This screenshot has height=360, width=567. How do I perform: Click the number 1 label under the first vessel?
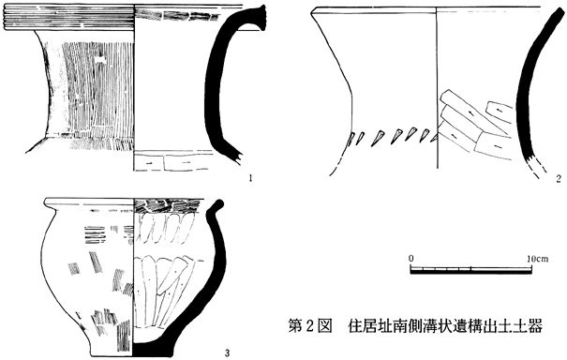click(250, 177)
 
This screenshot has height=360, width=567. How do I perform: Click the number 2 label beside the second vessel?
click(559, 178)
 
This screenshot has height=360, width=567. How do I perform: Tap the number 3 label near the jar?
click(227, 352)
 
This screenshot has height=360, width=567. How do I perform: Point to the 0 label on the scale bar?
click(411, 259)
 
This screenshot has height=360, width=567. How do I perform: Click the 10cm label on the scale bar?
click(537, 259)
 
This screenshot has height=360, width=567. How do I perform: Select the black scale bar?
click(470, 270)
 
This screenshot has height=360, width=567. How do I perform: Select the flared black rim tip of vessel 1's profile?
click(261, 18)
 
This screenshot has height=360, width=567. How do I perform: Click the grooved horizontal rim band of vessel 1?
click(69, 19)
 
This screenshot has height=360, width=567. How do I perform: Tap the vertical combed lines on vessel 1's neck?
click(97, 89)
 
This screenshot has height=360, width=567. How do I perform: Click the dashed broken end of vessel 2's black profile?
click(537, 167)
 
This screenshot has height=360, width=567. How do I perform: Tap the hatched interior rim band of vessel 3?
click(167, 205)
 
